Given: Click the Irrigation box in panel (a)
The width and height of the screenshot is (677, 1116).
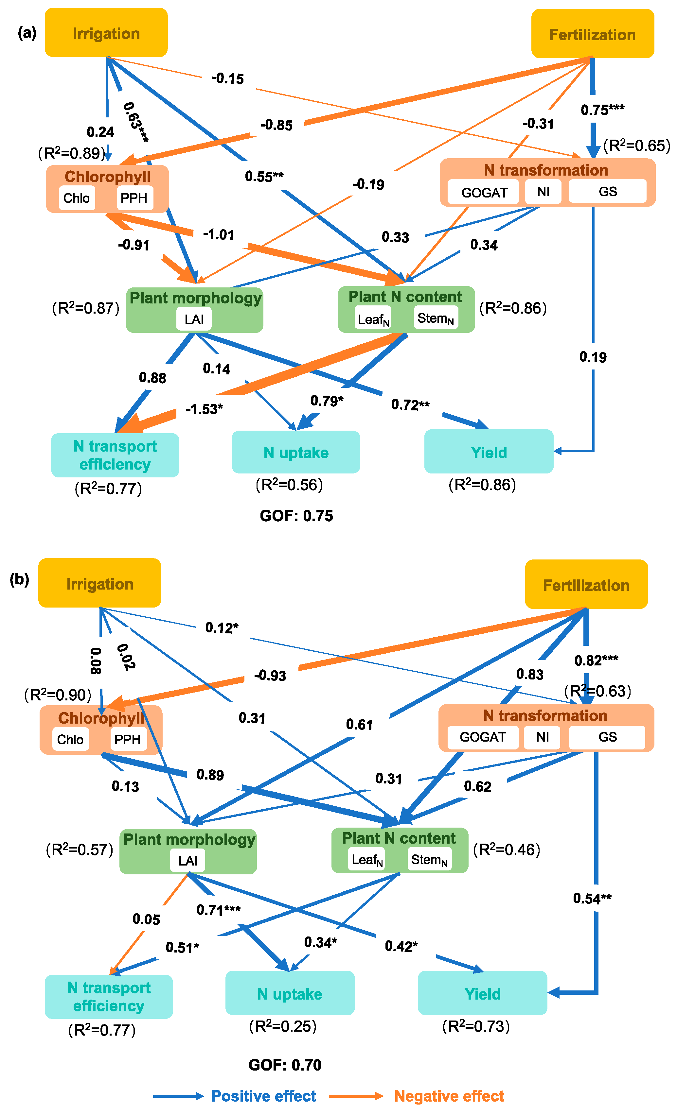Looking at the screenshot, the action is (106, 33).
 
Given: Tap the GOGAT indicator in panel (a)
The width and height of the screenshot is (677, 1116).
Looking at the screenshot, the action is (484, 192).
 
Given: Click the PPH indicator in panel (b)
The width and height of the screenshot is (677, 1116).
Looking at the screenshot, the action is (128, 739).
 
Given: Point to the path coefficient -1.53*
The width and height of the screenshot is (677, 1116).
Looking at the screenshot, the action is (205, 409).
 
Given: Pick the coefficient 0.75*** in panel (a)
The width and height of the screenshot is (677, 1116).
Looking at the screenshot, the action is (602, 110).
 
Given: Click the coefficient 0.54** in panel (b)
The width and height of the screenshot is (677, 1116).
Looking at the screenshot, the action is (592, 898).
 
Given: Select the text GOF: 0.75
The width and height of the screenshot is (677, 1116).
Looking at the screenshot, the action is (296, 516).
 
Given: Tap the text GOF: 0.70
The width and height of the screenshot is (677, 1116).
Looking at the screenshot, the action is (285, 1065).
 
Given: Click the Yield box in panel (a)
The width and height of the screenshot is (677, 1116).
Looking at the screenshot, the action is (489, 452).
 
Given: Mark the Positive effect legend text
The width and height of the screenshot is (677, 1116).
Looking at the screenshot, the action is (263, 1096).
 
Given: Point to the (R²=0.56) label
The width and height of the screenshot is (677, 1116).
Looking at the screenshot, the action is (289, 485).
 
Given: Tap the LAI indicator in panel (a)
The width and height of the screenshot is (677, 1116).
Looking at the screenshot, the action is (194, 319).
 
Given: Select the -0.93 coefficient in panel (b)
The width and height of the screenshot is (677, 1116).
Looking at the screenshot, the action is (270, 676).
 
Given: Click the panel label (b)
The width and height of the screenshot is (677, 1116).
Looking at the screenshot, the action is (20, 579).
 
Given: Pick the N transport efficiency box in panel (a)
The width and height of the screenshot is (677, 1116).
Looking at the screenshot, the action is (115, 455).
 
